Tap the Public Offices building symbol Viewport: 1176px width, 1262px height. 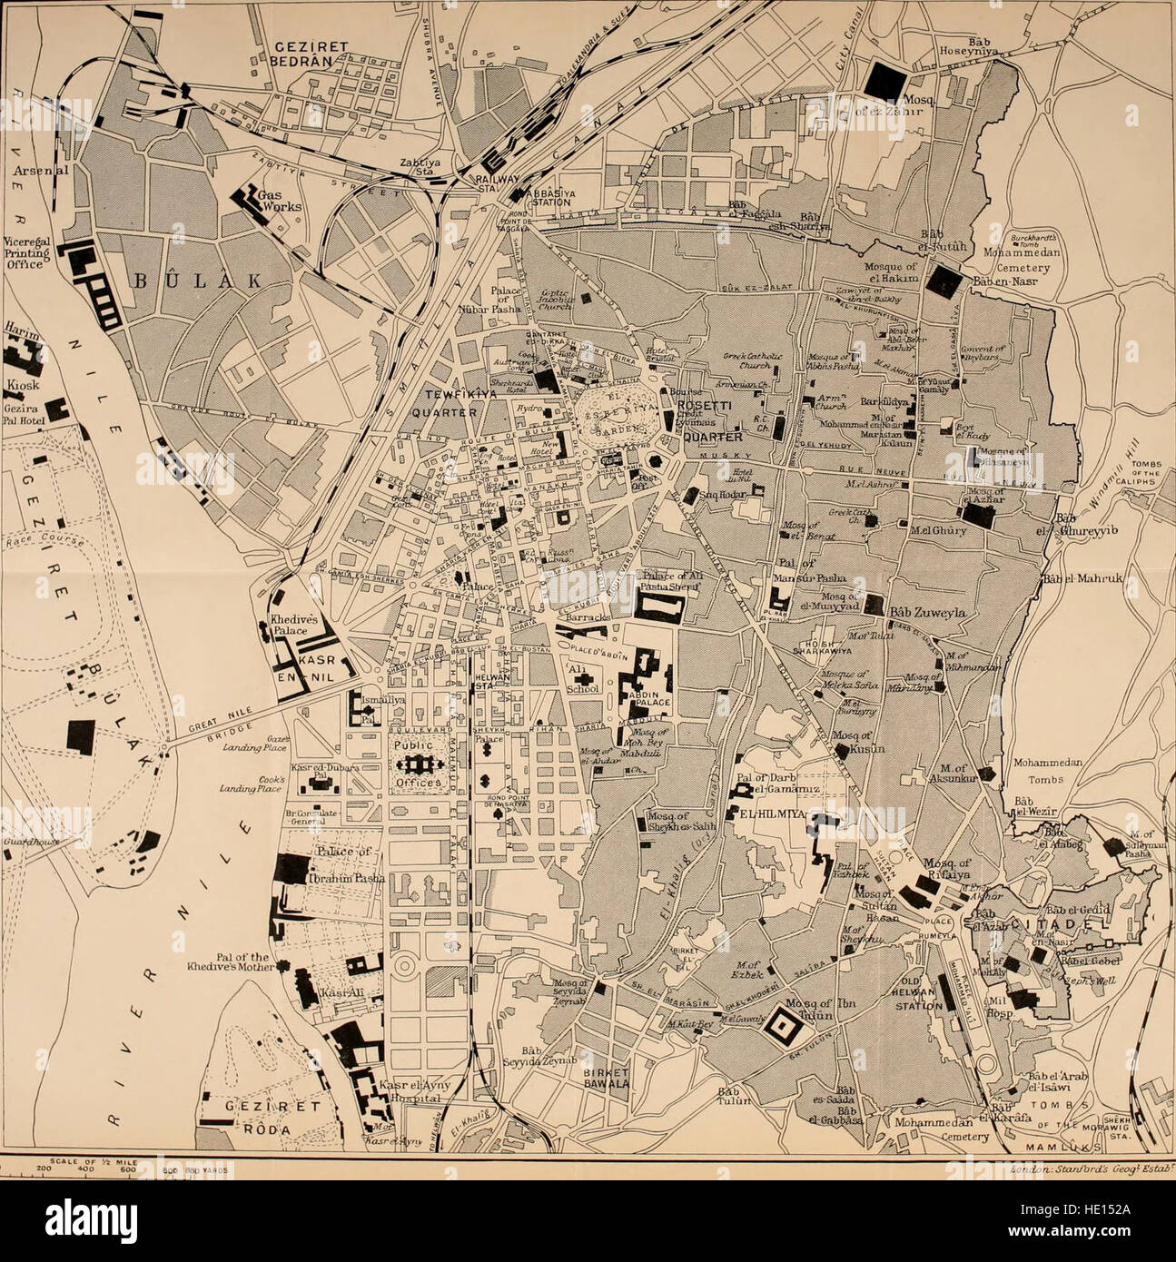pyautogui.click(x=419, y=764)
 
